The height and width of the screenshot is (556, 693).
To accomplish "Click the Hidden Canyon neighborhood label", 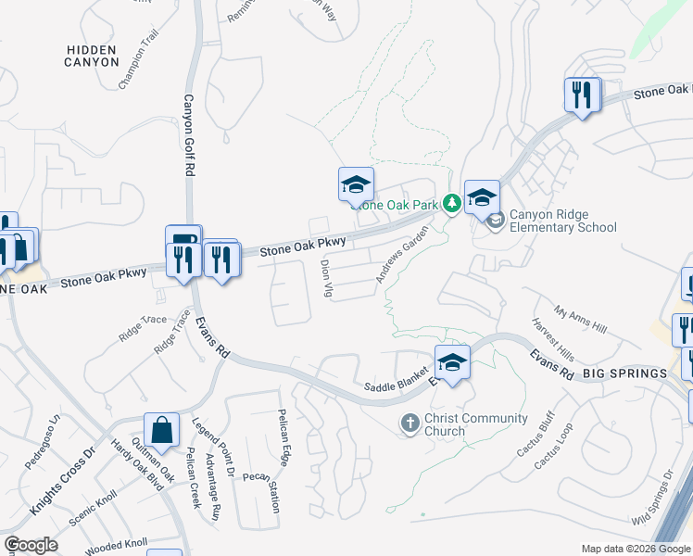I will pos(93,56).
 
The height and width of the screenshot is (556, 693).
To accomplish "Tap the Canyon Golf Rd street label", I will pos(187,135).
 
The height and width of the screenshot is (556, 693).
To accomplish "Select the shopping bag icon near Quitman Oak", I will pos(161,431).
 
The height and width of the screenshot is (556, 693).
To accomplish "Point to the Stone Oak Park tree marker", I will pos(452,203).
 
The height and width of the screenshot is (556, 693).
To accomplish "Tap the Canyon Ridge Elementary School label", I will pos(562,221).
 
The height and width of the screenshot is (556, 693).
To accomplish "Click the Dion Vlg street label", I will pos(326,278).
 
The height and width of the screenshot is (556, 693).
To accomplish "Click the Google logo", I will pos(31,545).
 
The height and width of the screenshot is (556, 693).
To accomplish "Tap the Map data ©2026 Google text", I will pos(635,549).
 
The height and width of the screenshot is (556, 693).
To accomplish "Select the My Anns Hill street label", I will pos(580,321).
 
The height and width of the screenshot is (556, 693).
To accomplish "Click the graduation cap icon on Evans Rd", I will pos(452,362).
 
